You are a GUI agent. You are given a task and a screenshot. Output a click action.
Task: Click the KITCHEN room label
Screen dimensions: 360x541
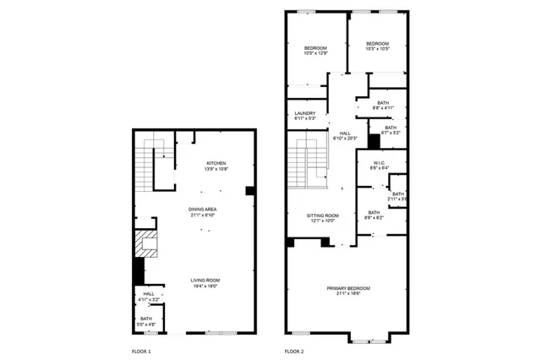coord(216,163)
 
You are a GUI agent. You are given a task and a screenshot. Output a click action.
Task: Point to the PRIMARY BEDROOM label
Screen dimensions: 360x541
coord(348,289)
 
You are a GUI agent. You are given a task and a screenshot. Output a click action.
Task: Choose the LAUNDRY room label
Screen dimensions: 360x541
coord(304,113)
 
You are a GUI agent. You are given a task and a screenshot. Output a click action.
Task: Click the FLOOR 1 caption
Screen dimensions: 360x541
coord(141,350)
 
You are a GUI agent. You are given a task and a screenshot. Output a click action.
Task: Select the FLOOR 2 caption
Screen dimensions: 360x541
coord(293,350)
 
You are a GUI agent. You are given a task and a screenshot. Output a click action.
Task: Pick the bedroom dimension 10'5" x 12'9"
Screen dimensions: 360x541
coord(315,53)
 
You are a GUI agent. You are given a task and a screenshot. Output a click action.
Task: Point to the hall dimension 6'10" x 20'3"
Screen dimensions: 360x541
coord(345,139)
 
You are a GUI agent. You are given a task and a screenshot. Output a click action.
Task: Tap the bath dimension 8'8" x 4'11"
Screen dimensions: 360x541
coord(383,108)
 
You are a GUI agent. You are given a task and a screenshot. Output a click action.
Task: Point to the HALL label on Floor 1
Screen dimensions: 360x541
coord(147,294)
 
